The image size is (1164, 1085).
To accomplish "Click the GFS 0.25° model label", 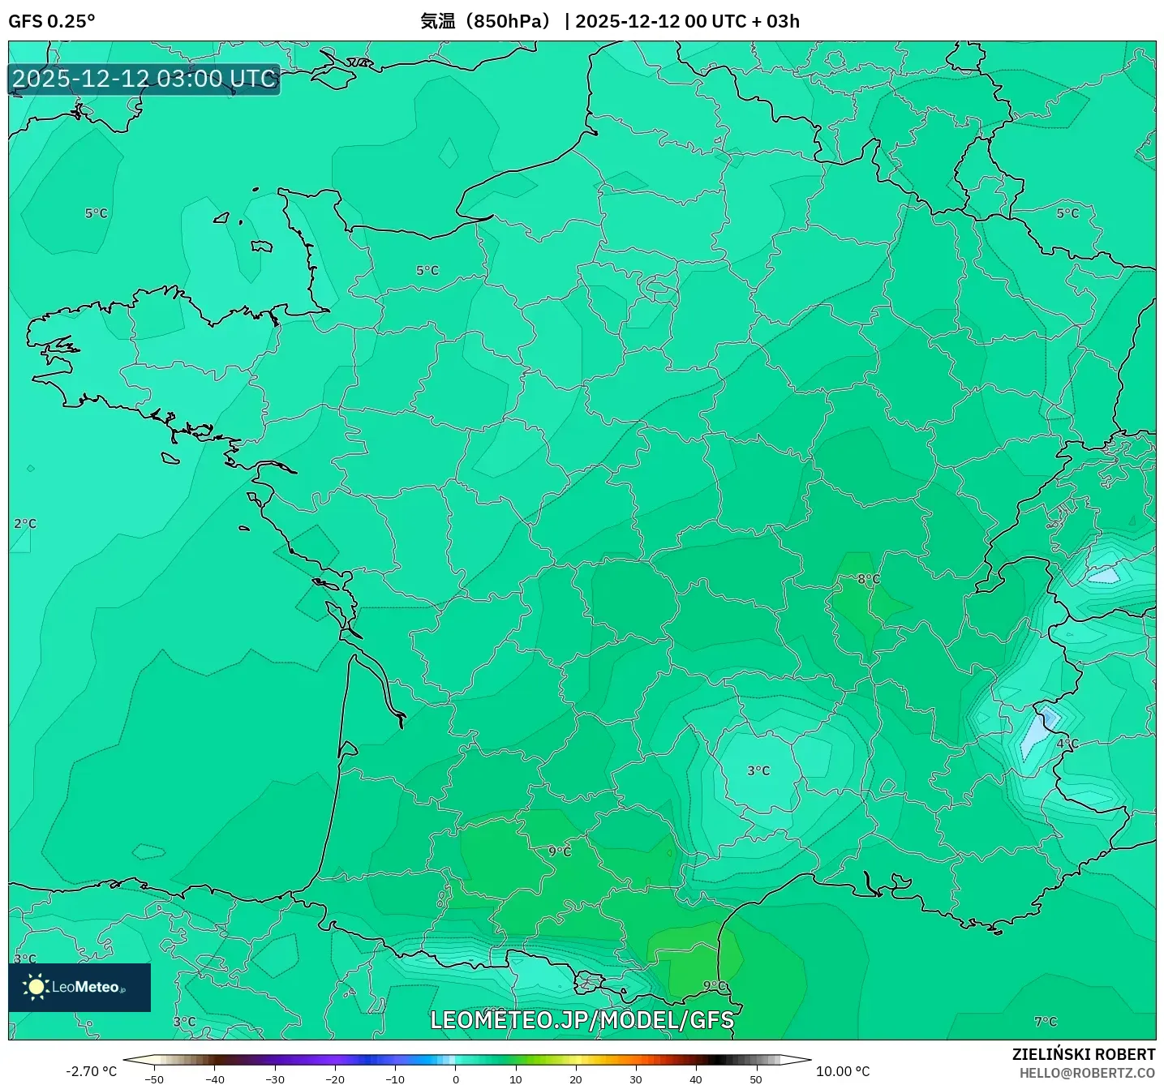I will click(x=51, y=21).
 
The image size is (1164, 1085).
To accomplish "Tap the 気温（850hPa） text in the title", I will click(x=485, y=21).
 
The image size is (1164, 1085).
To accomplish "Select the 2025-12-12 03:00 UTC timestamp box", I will click(x=144, y=79).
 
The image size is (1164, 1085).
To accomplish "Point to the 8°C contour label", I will click(x=869, y=579).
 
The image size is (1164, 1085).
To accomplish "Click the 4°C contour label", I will click(x=1067, y=743).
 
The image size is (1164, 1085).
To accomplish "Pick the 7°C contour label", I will click(x=1046, y=1021).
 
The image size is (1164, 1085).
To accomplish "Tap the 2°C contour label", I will click(x=25, y=523).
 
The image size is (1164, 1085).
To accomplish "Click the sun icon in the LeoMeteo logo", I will click(x=36, y=987).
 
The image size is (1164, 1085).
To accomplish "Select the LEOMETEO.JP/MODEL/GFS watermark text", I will click(x=582, y=1020).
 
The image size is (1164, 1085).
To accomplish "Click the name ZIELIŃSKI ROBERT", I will click(x=1084, y=1054).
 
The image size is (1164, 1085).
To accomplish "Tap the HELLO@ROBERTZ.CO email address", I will click(x=1087, y=1073).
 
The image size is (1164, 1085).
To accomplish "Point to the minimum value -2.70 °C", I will click(x=91, y=1071).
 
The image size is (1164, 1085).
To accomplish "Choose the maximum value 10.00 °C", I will click(x=843, y=1071).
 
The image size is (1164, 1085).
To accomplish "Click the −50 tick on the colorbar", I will click(x=154, y=1079).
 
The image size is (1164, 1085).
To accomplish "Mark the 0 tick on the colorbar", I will click(x=456, y=1079).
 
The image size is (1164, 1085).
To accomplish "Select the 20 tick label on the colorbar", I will click(x=576, y=1079).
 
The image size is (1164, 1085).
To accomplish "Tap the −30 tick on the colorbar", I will click(x=275, y=1079).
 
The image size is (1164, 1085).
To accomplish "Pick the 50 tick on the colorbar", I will click(x=756, y=1079).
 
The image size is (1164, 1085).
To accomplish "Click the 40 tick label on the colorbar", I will click(x=696, y=1079).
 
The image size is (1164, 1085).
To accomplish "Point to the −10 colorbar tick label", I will click(x=395, y=1079).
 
